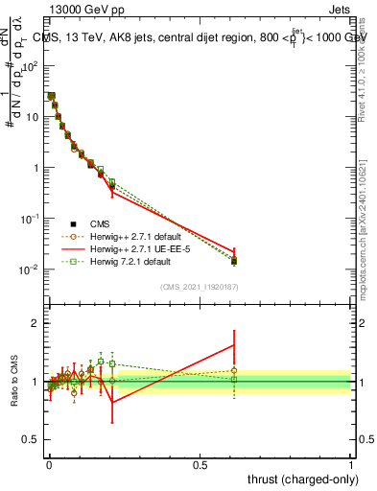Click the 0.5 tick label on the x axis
coord(200,463)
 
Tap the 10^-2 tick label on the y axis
coord(29,269)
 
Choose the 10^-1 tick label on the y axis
coord(29,219)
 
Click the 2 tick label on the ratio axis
coord(35,323)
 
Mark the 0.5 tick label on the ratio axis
coord(30,440)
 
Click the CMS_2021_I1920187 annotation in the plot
coord(199,286)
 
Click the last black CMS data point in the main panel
coord(234,261)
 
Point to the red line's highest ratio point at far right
coord(234,345)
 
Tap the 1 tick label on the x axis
coord(351,463)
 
